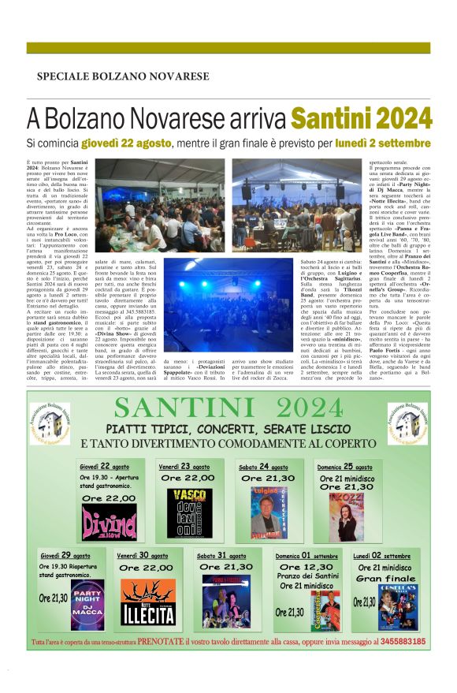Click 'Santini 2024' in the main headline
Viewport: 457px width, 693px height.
(x=361, y=118)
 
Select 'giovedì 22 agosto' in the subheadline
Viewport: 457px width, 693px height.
(x=148, y=144)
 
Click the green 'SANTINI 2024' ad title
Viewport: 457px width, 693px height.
(x=228, y=408)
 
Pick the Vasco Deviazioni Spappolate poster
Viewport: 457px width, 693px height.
(x=189, y=512)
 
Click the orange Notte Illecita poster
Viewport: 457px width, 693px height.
(x=147, y=602)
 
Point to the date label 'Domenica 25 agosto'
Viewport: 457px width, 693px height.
(x=345, y=466)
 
